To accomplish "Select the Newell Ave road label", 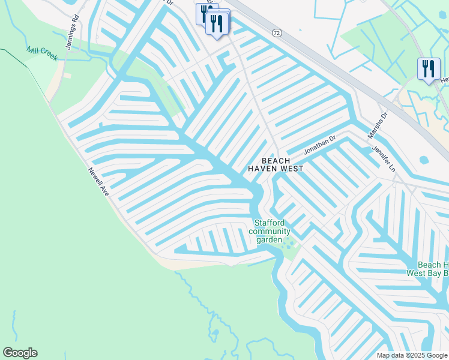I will point(98,182).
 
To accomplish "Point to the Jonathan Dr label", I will point(319,145).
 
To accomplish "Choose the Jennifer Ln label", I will point(384,158).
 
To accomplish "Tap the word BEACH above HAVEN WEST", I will point(276,161).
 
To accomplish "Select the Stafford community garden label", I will point(270,232).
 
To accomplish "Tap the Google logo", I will point(20,353).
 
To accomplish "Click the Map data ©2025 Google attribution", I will point(412,355).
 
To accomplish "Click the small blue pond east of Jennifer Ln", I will point(425,161).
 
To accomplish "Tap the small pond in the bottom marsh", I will point(214,334).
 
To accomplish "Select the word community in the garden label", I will point(270,232).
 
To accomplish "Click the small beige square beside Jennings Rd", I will point(67,76).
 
